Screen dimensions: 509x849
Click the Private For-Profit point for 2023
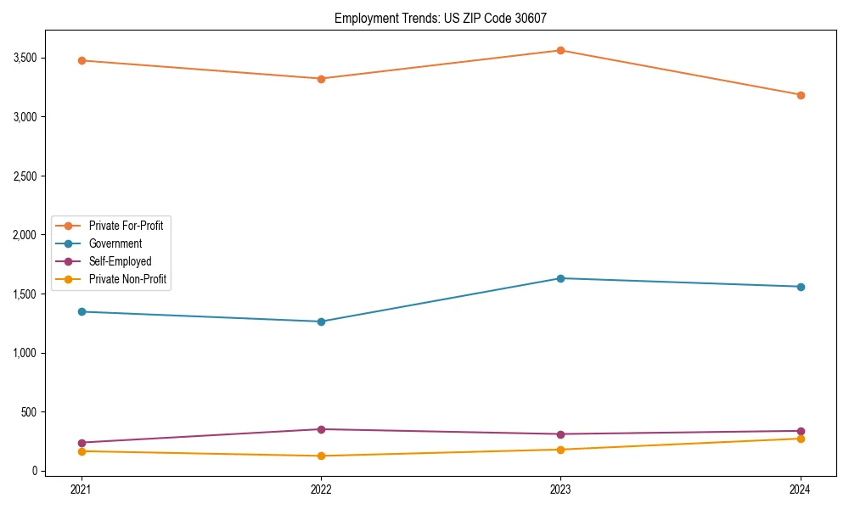click(x=560, y=50)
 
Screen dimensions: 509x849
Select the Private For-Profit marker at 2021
click(x=82, y=60)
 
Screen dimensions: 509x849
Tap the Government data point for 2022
click(x=321, y=322)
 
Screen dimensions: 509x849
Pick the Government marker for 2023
click(x=560, y=278)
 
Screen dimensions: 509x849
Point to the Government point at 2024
click(x=801, y=287)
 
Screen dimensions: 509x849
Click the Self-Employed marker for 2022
click(x=321, y=429)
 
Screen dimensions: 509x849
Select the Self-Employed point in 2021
click(x=82, y=443)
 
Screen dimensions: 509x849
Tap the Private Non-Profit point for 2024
click(x=801, y=439)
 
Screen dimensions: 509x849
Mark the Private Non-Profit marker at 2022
click(x=321, y=456)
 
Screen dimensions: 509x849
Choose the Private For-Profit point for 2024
click(x=801, y=95)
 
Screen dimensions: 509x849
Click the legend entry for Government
click(x=115, y=243)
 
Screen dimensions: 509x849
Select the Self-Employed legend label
click(x=120, y=261)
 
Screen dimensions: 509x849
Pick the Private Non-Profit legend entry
click(x=127, y=279)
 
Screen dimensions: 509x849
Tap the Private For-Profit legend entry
click(x=126, y=226)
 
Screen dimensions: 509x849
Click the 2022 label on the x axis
click(x=321, y=489)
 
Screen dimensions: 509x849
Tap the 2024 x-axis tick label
click(x=801, y=489)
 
